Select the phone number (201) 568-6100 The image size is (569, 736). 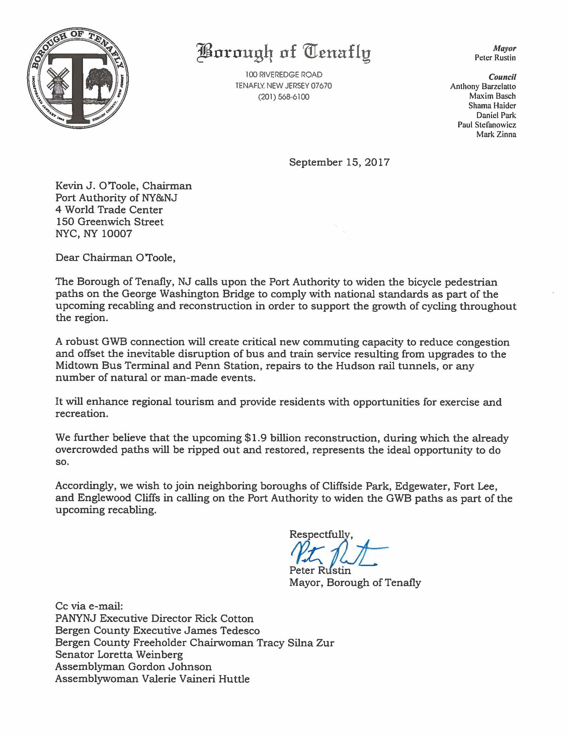(x=283, y=97)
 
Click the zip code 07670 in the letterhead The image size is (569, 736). (x=321, y=86)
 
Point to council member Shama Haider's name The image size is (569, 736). (x=492, y=105)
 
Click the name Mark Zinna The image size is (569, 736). (x=496, y=134)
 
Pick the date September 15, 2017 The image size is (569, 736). (x=339, y=163)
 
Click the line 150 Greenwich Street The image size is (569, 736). (x=109, y=222)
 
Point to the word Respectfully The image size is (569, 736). (x=321, y=534)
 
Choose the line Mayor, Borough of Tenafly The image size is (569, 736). (x=355, y=583)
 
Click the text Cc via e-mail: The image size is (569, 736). (x=89, y=607)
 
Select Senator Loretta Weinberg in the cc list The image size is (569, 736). (x=119, y=654)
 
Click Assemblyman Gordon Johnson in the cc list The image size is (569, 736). (x=134, y=666)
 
